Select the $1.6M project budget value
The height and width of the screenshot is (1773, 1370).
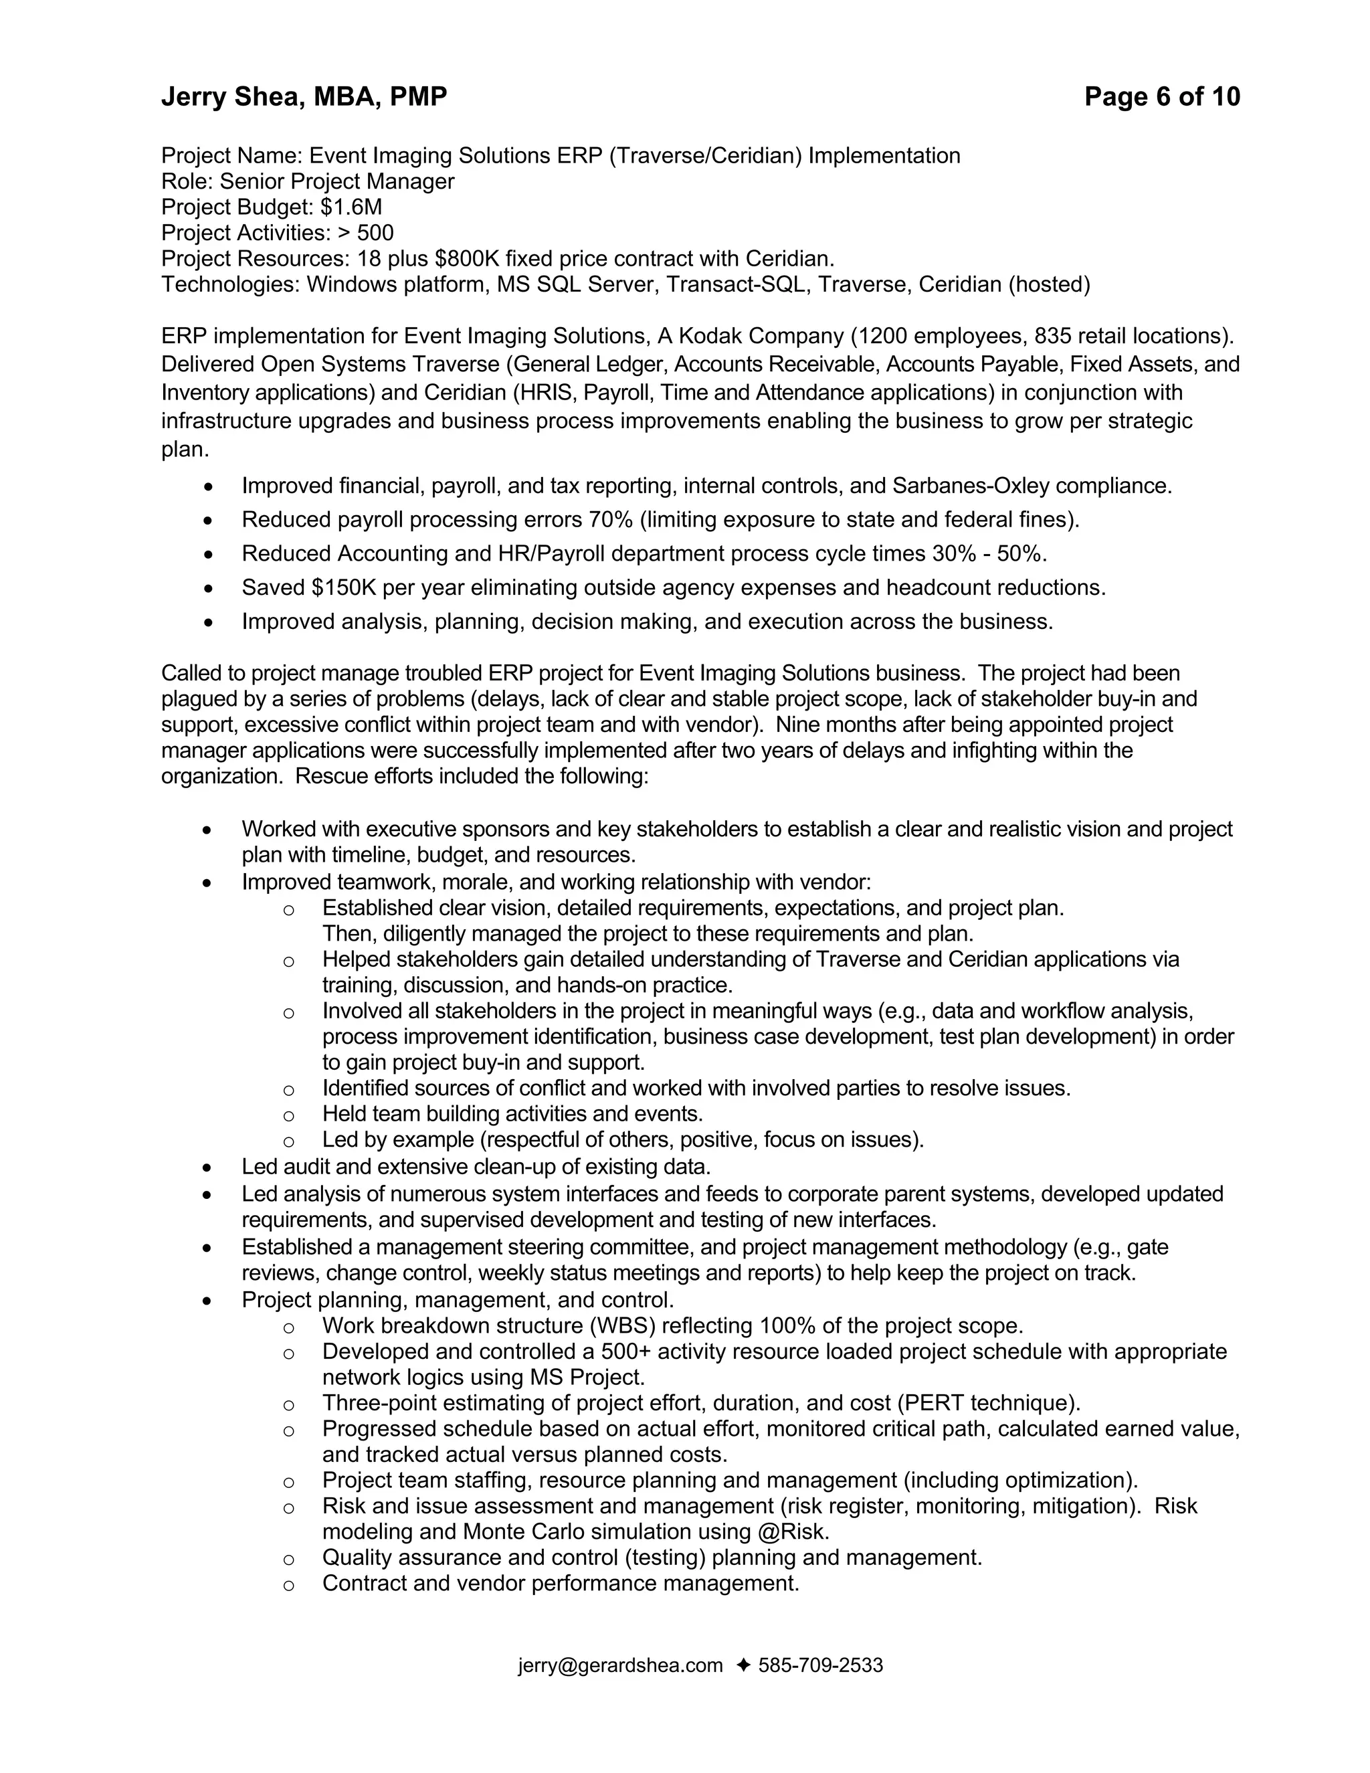pyautogui.click(x=351, y=207)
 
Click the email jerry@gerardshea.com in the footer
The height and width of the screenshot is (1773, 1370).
pyautogui.click(x=620, y=1665)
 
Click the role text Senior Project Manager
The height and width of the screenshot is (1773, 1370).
pyautogui.click(x=337, y=181)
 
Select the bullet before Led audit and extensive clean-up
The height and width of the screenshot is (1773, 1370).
pyautogui.click(x=208, y=1168)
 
